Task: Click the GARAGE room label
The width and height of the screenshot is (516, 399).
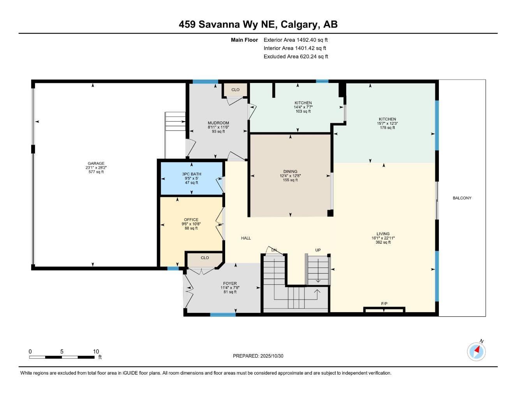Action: [96, 163]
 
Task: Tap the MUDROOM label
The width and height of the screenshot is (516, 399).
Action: [218, 123]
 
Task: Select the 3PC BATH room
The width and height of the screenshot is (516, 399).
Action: [191, 178]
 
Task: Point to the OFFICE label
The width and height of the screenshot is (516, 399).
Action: [191, 220]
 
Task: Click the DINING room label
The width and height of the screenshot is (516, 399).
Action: [290, 171]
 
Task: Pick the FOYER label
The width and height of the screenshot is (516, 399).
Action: [230, 283]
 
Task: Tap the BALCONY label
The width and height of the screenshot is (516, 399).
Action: [462, 198]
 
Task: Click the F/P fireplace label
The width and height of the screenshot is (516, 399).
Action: [384, 304]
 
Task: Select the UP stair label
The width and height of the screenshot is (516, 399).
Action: [318, 250]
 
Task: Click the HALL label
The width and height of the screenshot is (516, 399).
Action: [246, 238]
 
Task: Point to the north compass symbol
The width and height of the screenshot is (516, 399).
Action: [476, 351]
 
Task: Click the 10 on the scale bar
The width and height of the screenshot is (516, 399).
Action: [96, 351]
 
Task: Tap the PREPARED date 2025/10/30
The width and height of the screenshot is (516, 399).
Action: [272, 356]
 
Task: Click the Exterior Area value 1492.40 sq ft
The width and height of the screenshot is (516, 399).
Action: [312, 40]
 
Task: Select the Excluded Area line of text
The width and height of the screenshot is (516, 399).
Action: [296, 56]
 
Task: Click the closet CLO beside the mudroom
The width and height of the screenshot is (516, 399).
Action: [235, 90]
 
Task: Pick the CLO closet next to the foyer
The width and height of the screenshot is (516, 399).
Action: [205, 258]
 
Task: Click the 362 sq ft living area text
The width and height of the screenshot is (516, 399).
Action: [383, 242]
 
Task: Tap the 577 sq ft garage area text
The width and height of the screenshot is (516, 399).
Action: [96, 172]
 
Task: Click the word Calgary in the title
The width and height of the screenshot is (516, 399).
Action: [299, 25]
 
